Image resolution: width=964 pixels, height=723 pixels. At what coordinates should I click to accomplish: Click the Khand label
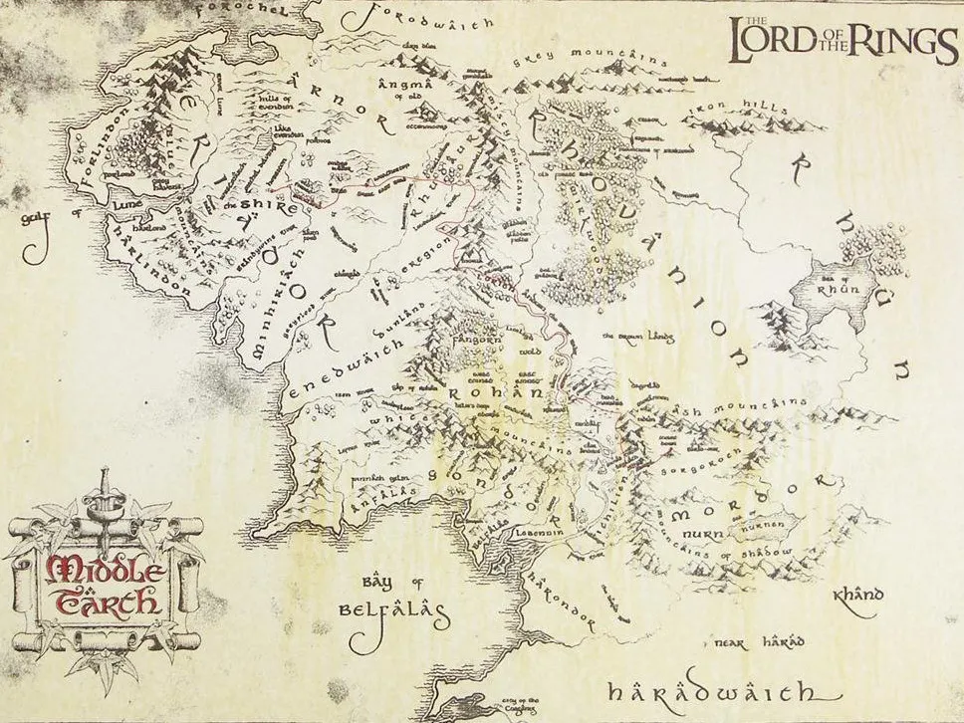(x=856, y=597)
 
